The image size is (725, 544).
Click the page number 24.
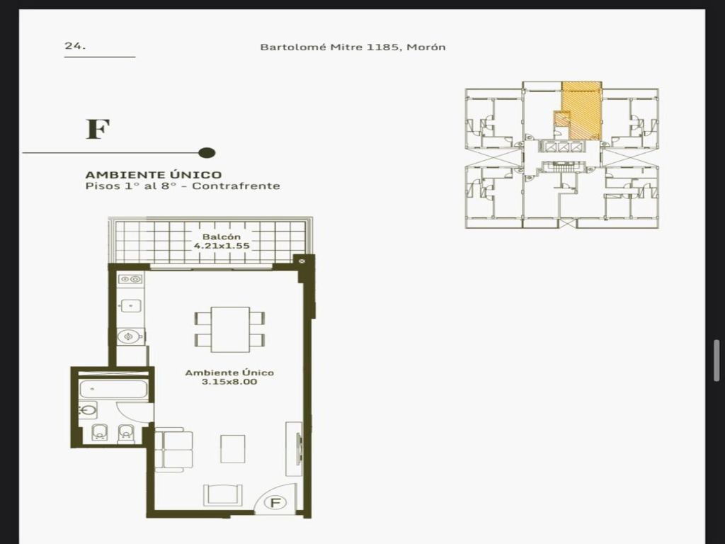[x=75, y=46]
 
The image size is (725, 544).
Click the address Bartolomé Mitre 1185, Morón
[x=353, y=47]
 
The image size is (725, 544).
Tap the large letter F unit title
[x=98, y=130]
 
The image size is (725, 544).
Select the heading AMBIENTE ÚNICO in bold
[x=154, y=175]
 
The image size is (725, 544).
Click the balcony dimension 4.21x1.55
[x=222, y=246]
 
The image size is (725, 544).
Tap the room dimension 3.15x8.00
[x=229, y=382]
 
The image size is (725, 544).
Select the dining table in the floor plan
[x=230, y=329]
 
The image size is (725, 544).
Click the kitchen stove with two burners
[x=130, y=279]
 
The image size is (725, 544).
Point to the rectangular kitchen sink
[x=131, y=306]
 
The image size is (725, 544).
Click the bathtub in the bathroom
[x=114, y=389]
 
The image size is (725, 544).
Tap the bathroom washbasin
[x=88, y=411]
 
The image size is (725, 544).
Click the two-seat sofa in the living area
[x=174, y=450]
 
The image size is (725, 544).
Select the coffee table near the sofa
[x=232, y=448]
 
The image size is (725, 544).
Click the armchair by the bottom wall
[x=222, y=495]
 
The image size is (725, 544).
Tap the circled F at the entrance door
[x=275, y=503]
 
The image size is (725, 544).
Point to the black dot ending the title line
[x=207, y=153]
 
